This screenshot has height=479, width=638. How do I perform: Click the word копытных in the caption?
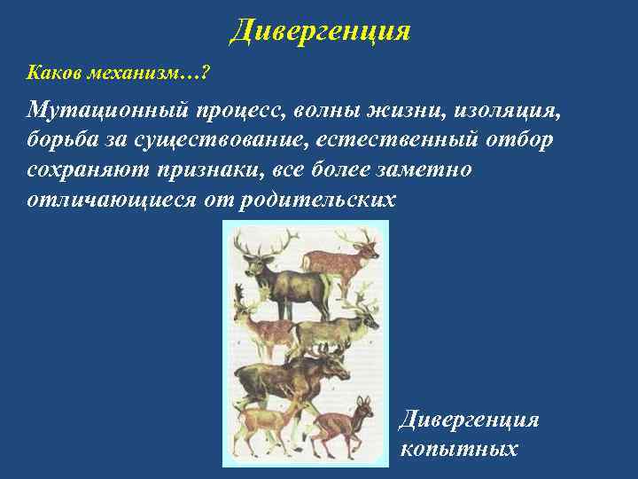pyautogui.click(x=458, y=449)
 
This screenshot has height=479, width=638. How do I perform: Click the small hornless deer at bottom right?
pyautogui.click(x=344, y=426)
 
